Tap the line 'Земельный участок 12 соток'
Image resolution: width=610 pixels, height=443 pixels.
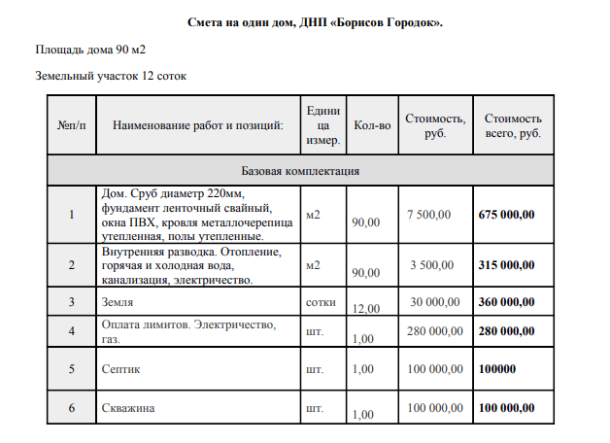pos(111,75)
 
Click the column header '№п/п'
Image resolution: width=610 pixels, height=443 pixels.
pos(72,125)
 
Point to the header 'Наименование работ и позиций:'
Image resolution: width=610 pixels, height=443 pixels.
pos(197,125)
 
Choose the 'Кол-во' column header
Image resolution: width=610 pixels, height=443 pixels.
pos(372,125)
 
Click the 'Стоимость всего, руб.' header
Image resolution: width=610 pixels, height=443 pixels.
pos(512,125)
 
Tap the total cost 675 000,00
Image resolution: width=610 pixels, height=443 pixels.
pos(507,214)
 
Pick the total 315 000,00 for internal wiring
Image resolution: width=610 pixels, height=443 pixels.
pos(507,264)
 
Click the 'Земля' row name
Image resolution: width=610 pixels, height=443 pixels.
pos(118,302)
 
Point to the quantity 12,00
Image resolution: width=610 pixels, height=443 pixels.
pos(366,309)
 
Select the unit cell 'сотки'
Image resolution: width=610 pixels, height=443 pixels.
pos(321,302)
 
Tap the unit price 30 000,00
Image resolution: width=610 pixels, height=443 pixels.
pos(435,302)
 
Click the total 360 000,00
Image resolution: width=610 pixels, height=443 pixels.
pos(507,302)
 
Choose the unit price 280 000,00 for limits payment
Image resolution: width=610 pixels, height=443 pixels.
pos(435,331)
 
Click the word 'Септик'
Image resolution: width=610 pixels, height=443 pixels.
pos(121,369)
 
